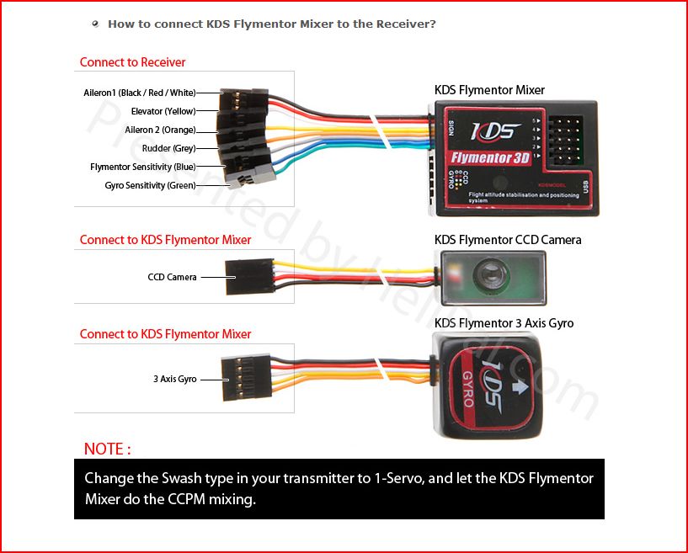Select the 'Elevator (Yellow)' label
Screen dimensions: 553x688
[163, 111]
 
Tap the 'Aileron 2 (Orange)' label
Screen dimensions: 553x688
[160, 130]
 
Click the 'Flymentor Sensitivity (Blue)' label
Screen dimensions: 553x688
[142, 167]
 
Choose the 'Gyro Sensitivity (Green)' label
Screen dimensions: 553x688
[150, 185]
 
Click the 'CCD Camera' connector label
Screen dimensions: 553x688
[172, 277]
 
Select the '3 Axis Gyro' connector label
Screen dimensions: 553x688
[174, 380]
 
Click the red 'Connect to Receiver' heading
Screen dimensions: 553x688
[132, 62]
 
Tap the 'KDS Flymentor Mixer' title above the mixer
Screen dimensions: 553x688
[489, 90]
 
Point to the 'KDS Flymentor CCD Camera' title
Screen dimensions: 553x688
[507, 240]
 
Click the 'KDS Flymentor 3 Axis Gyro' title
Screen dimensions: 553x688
[504, 323]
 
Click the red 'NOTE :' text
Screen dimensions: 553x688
[107, 449]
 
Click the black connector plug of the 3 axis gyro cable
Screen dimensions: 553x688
[240, 378]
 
